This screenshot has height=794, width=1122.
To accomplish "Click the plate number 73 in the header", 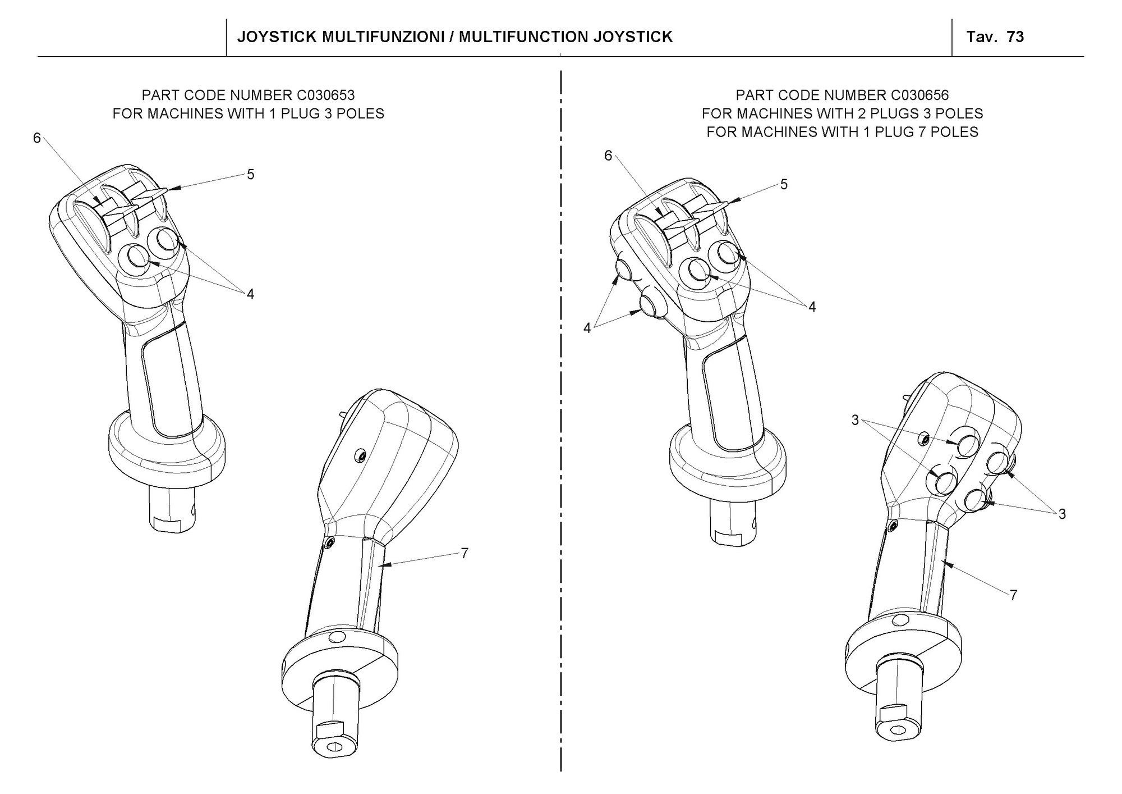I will (1015, 37).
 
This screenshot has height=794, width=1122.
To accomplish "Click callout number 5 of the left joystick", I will (251, 175).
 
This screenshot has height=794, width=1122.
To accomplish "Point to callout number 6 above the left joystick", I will (37, 138).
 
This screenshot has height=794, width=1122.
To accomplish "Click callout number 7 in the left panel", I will (465, 553).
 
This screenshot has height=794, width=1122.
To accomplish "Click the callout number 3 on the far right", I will (1062, 514).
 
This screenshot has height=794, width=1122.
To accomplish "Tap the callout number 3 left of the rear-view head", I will (855, 420).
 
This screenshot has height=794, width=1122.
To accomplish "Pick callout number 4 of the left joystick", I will (250, 294).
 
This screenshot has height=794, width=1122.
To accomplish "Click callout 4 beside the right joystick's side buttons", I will (587, 328).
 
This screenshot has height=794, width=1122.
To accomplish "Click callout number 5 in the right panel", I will (784, 184).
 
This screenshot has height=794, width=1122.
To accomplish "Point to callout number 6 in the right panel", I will (608, 156).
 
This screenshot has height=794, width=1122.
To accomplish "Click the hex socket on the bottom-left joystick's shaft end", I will (335, 747).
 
